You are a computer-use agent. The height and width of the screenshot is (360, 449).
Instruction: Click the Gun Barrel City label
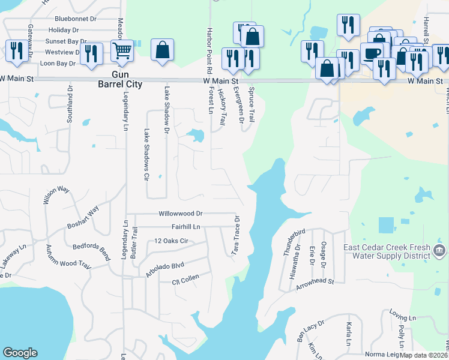coord(122,79)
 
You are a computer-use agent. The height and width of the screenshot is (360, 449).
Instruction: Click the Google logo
coord(20,353)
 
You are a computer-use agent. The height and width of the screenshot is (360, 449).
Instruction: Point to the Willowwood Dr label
coord(181,214)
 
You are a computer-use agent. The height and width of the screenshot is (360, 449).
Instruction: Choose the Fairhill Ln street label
coord(185,227)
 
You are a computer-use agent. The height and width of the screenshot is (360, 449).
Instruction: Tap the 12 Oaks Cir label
coord(172,241)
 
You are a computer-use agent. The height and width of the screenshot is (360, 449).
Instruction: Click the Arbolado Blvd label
coord(161,266)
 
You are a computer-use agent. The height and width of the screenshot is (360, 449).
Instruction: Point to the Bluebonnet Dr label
coord(75,19)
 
